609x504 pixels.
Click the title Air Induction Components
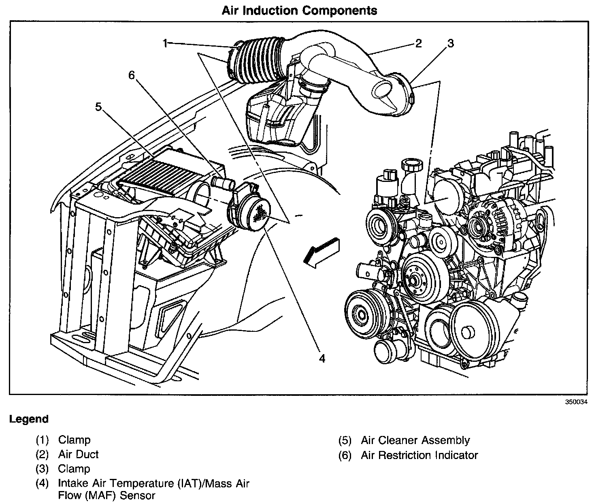tap(299, 11)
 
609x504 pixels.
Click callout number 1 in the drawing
tap(165, 43)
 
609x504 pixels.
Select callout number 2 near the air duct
tap(418, 43)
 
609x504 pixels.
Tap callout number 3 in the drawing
tap(450, 43)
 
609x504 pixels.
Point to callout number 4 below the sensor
tap(322, 358)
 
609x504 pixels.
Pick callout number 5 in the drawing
tap(98, 107)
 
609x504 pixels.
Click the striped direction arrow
tap(322, 251)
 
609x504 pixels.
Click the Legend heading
tap(29, 419)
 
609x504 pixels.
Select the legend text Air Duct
tap(78, 454)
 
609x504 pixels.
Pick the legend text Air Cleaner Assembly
tap(415, 440)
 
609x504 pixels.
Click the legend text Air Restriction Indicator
tap(419, 455)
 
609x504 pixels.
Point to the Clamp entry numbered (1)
tap(74, 440)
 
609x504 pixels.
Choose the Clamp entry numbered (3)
tap(74, 469)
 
